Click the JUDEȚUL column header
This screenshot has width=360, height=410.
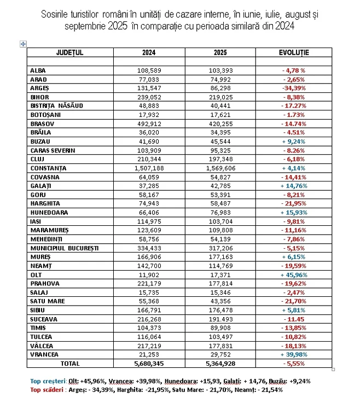(x=69, y=52)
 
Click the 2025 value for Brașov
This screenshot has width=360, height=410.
(x=221, y=124)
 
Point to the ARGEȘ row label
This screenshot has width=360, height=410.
(x=40, y=88)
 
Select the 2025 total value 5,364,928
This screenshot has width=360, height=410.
(x=221, y=363)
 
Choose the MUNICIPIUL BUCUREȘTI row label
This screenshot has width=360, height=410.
(x=65, y=248)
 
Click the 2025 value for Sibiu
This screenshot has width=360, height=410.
(x=221, y=310)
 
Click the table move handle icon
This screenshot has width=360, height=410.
(x=23, y=44)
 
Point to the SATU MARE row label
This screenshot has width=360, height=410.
(x=48, y=301)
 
